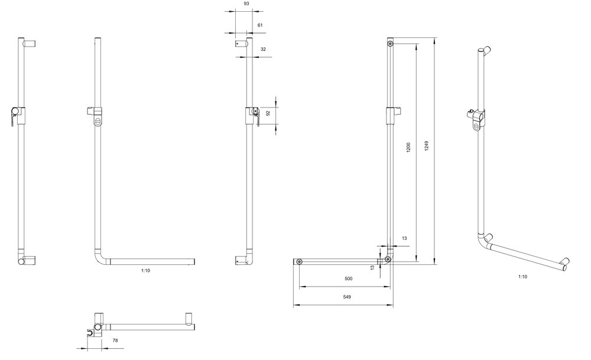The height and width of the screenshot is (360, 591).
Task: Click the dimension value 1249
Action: pyautogui.click(x=426, y=146)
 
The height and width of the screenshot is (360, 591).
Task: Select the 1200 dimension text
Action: pyautogui.click(x=408, y=147)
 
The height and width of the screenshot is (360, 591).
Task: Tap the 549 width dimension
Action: pyautogui.click(x=347, y=297)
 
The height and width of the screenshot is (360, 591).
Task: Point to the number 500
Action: pyautogui.click(x=349, y=278)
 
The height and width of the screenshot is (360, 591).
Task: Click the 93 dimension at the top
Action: pyautogui.click(x=246, y=4)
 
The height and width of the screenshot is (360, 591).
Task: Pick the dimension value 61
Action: pyautogui.click(x=260, y=25)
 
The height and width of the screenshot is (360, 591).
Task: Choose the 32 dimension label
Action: pyautogui.click(x=263, y=49)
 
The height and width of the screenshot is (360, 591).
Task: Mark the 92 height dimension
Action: pyautogui.click(x=268, y=113)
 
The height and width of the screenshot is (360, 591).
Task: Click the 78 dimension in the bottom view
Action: pyautogui.click(x=115, y=340)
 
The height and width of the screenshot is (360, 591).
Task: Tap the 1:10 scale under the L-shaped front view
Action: pyautogui.click(x=145, y=271)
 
